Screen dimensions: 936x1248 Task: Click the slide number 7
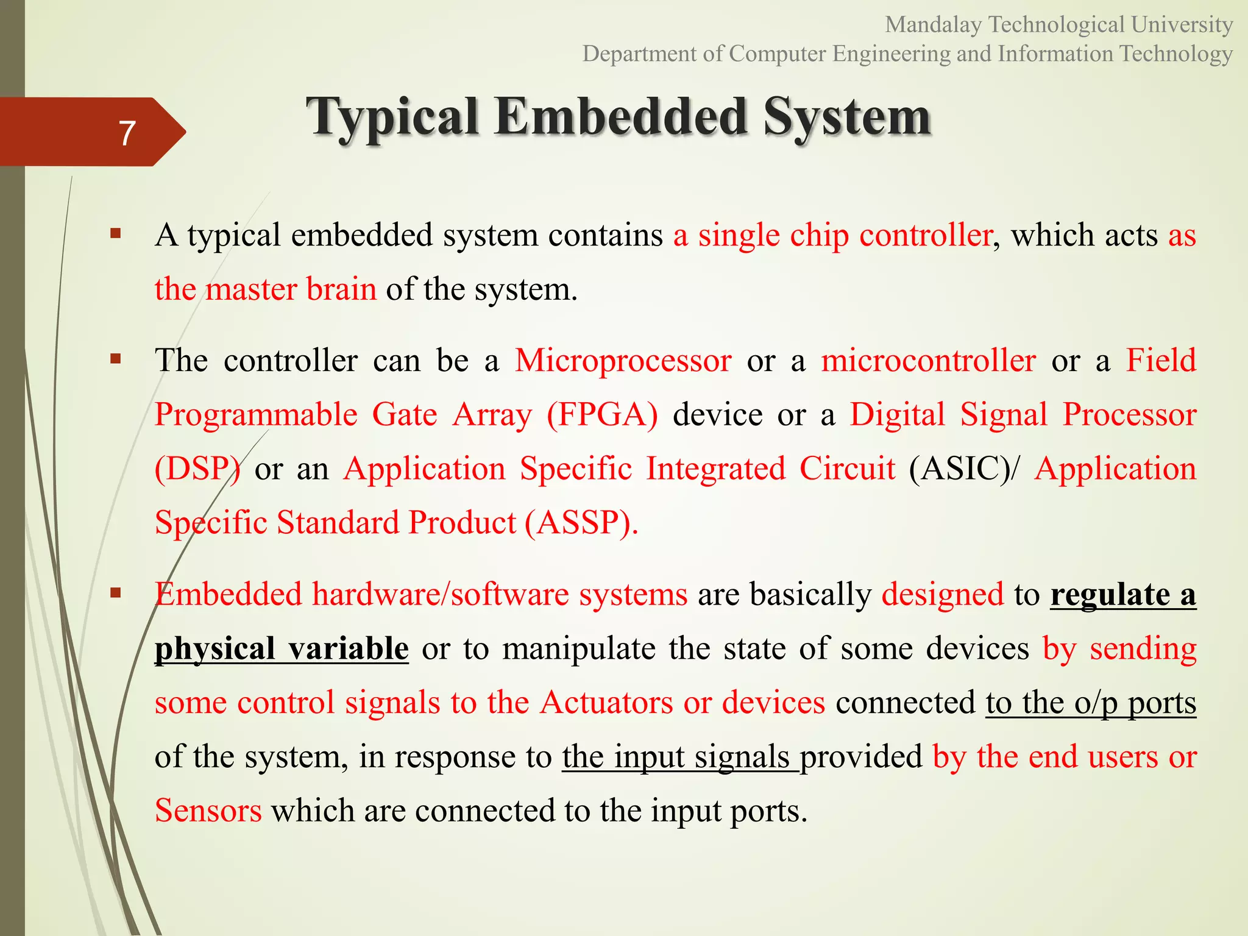click(x=127, y=133)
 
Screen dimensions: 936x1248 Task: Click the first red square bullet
click(x=116, y=233)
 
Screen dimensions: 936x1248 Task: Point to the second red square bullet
click(x=116, y=358)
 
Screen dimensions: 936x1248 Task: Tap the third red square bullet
click(x=116, y=592)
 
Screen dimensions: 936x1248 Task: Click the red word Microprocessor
click(x=623, y=361)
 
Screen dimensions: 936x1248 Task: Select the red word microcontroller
click(x=927, y=361)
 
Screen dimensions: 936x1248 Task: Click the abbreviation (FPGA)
click(x=602, y=415)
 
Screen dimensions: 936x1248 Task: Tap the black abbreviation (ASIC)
click(x=959, y=469)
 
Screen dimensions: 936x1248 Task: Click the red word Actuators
click(x=607, y=703)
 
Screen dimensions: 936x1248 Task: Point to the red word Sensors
click(x=208, y=811)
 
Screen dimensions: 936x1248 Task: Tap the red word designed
click(x=942, y=594)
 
